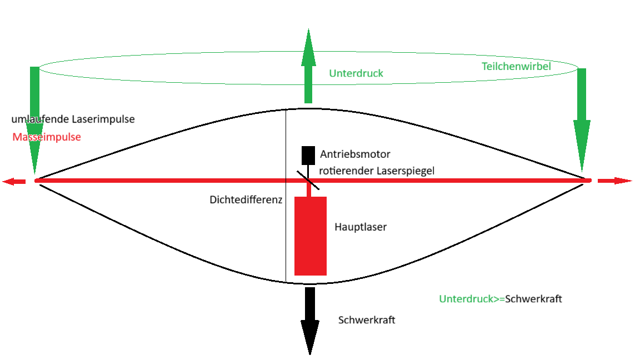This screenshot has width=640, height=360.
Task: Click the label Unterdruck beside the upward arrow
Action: point(356,73)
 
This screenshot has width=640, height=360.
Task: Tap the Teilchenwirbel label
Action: point(516,66)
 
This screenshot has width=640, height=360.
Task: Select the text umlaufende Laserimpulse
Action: point(73,119)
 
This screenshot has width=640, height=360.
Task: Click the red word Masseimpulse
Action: point(47,137)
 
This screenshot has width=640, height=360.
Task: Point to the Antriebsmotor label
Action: point(355,154)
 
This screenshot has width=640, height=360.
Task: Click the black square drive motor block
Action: point(308,156)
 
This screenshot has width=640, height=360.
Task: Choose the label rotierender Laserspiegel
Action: point(376,171)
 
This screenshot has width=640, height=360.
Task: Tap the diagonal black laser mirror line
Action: point(308,181)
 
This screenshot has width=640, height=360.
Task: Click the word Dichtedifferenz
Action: point(246,199)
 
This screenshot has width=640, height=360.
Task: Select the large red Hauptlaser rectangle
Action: point(311,236)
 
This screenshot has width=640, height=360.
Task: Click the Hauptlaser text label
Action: point(361,227)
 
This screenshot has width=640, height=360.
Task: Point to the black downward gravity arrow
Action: point(310,321)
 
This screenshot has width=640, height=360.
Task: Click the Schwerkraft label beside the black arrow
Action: point(367,320)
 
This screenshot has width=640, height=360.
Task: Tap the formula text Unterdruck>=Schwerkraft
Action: point(501,299)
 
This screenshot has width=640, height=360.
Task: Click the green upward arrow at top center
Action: point(308,66)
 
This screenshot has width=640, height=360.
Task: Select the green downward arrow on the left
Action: point(34,120)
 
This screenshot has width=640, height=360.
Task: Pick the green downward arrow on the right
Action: point(582,119)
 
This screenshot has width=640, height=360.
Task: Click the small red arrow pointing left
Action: point(14,181)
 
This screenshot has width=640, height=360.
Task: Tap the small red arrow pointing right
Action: point(614,181)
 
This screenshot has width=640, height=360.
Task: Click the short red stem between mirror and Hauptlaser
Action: point(309,190)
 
